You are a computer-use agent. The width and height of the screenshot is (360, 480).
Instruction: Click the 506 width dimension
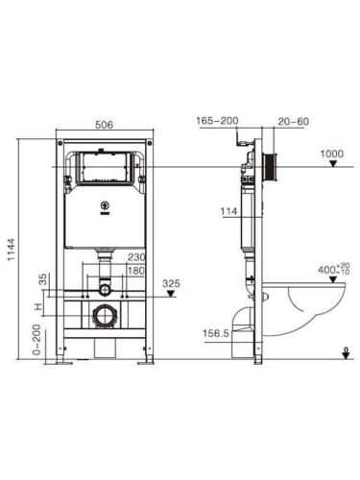point(106,124)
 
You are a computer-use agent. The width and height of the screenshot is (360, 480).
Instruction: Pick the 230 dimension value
point(135,257)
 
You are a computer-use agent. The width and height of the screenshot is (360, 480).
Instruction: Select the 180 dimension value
point(135,271)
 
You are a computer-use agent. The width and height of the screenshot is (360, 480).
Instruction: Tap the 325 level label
point(172,284)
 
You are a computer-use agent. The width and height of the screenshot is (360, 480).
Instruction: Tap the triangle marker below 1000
point(333,165)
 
